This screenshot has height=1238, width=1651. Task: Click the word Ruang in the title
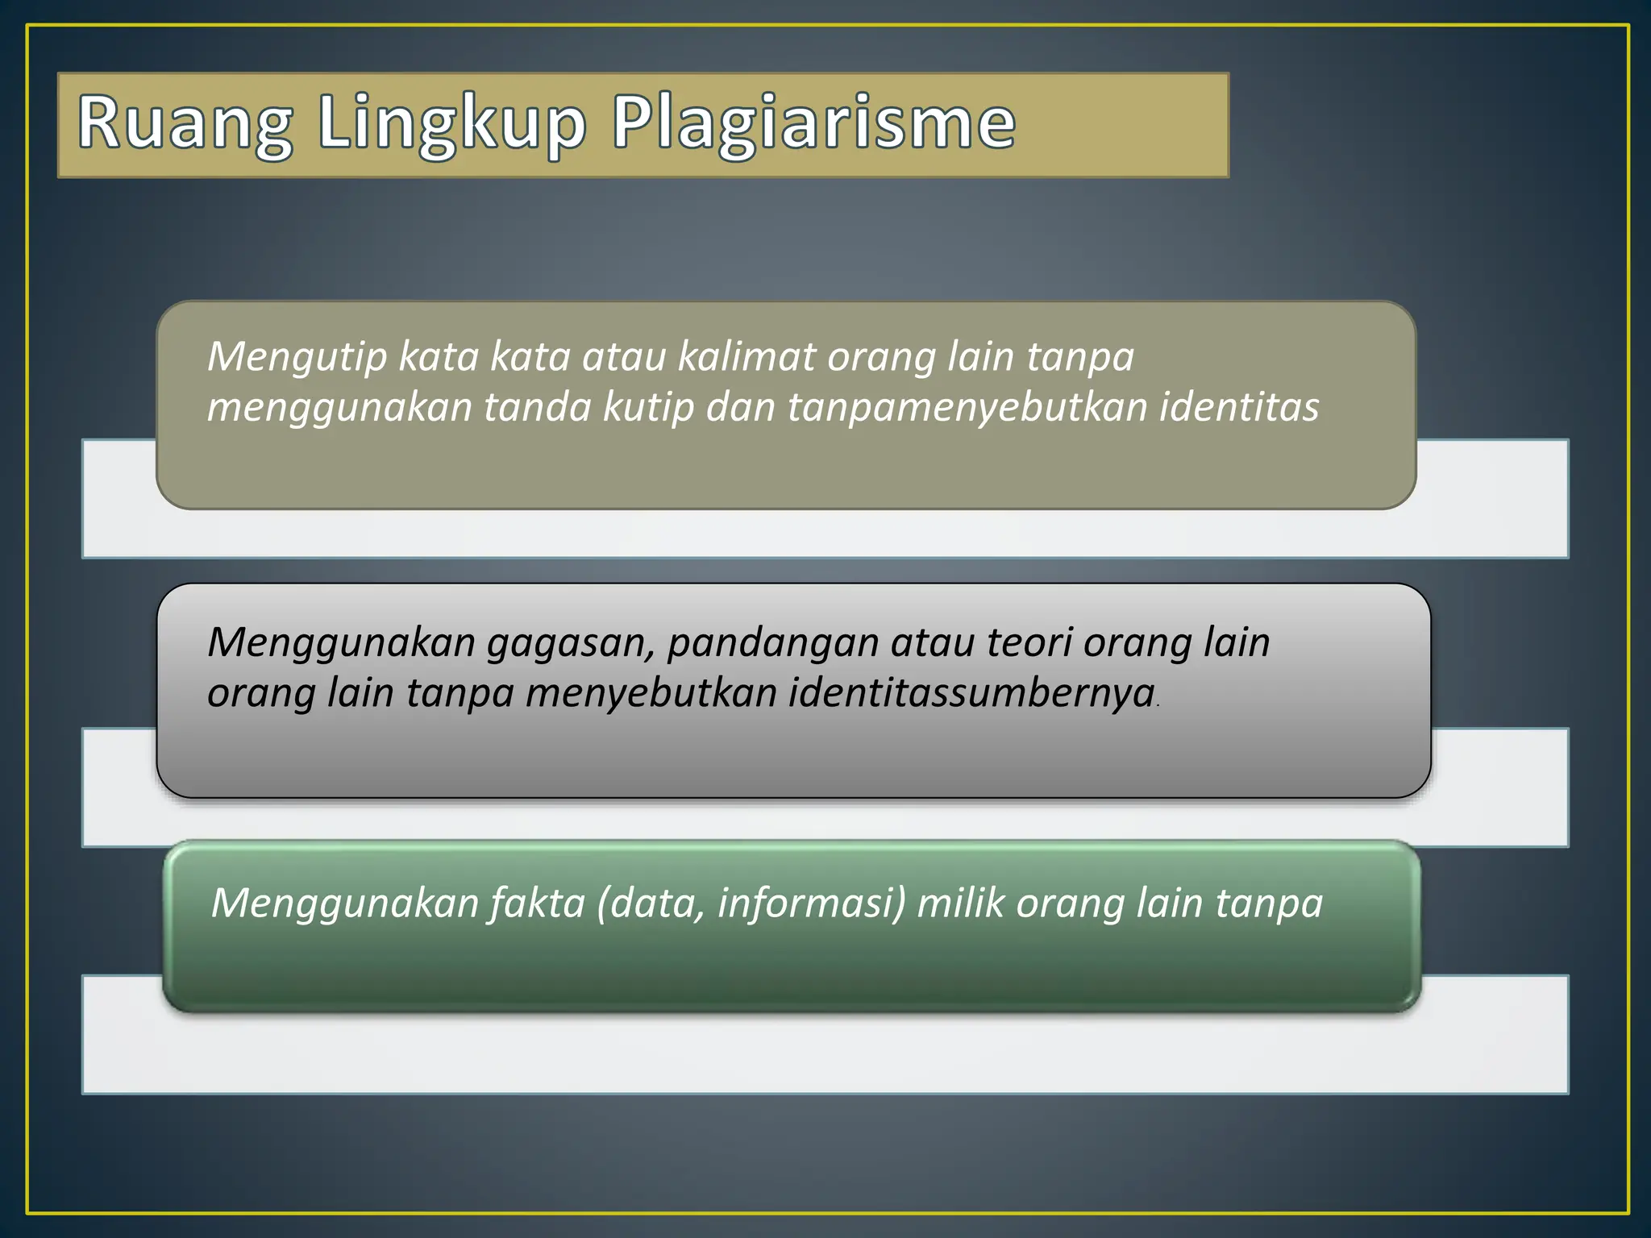[185, 124]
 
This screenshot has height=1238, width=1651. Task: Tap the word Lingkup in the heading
[451, 124]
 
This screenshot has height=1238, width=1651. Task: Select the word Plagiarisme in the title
[813, 124]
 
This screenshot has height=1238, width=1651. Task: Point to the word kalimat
[746, 357]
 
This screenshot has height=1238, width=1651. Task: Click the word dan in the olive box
[740, 407]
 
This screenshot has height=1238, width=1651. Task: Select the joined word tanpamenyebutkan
[967, 407]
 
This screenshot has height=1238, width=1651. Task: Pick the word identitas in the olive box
[1239, 407]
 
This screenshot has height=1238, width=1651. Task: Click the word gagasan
[571, 644]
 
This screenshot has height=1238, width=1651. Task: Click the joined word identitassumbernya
[971, 693]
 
